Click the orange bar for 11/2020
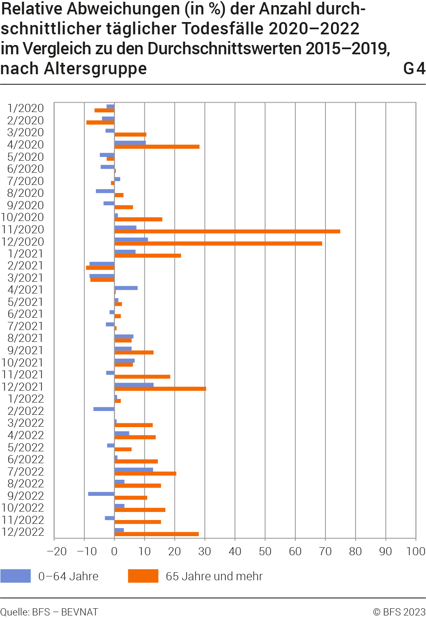pos(227,232)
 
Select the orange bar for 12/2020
pos(218,243)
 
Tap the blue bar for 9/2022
pos(101,494)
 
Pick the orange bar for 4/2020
pos(157,147)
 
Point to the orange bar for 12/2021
pos(160,389)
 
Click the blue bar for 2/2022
pos(104,409)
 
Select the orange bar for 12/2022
pos(157,534)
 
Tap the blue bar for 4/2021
pos(126,288)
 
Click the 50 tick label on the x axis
pos(265,551)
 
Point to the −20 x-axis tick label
pos(56,551)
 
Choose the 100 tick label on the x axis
pos(415,551)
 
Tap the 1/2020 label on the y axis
pos(25,109)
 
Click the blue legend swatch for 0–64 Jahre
pos(16,576)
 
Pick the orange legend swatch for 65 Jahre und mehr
pos(143,576)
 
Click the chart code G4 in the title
pos(414,69)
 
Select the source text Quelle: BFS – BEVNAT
pos(49,612)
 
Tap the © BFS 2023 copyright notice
pos(399,612)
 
